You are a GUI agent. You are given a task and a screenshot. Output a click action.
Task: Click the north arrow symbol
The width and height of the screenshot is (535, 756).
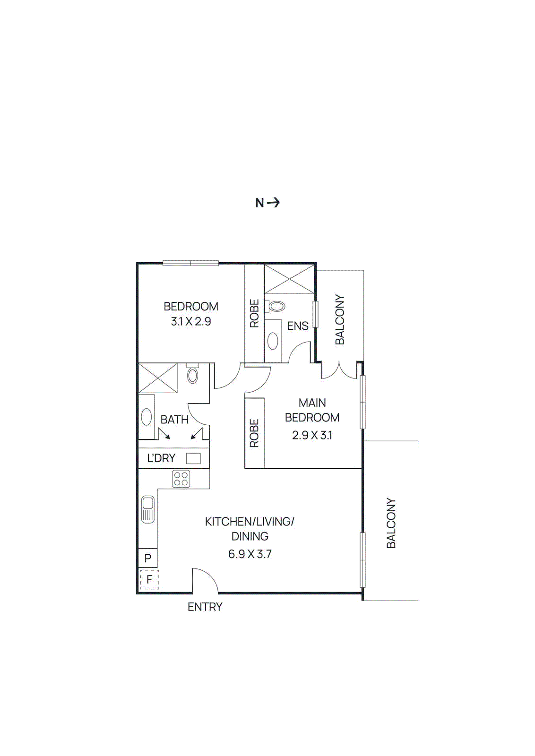[273, 203]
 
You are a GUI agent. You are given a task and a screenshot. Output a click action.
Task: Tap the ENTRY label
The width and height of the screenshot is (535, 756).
[205, 607]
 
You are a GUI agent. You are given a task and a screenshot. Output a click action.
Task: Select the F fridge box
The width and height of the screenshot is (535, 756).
[149, 579]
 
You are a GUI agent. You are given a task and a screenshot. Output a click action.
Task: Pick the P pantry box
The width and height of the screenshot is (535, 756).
[148, 558]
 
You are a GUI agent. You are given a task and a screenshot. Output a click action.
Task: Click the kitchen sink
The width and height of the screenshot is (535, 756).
[148, 509]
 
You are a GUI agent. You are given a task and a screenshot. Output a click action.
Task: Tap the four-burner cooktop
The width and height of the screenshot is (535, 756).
[181, 479]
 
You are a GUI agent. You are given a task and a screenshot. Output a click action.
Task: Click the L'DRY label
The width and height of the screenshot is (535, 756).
[161, 458]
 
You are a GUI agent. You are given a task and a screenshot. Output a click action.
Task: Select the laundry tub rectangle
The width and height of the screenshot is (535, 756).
[193, 458]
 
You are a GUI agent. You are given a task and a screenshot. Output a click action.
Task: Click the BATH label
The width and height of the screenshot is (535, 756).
[174, 420]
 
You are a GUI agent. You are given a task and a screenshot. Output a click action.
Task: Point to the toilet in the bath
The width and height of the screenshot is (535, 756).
[192, 374]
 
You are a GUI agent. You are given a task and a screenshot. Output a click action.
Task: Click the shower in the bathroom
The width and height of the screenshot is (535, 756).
[158, 378]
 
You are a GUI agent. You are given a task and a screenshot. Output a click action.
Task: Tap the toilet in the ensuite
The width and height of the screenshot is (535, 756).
[276, 306]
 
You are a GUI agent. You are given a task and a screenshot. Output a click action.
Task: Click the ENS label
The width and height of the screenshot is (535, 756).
[298, 326]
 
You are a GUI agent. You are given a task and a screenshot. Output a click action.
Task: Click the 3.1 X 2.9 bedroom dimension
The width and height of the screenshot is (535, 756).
[191, 322]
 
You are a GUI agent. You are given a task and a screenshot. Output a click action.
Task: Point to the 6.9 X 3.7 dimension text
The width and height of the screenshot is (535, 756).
[250, 554]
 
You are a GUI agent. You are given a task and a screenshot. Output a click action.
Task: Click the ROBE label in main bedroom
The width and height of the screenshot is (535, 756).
[254, 433]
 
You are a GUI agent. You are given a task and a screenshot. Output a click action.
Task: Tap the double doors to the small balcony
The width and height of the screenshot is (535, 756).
[339, 371]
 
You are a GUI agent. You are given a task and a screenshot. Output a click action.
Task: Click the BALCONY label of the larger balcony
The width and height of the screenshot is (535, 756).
[391, 523]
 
